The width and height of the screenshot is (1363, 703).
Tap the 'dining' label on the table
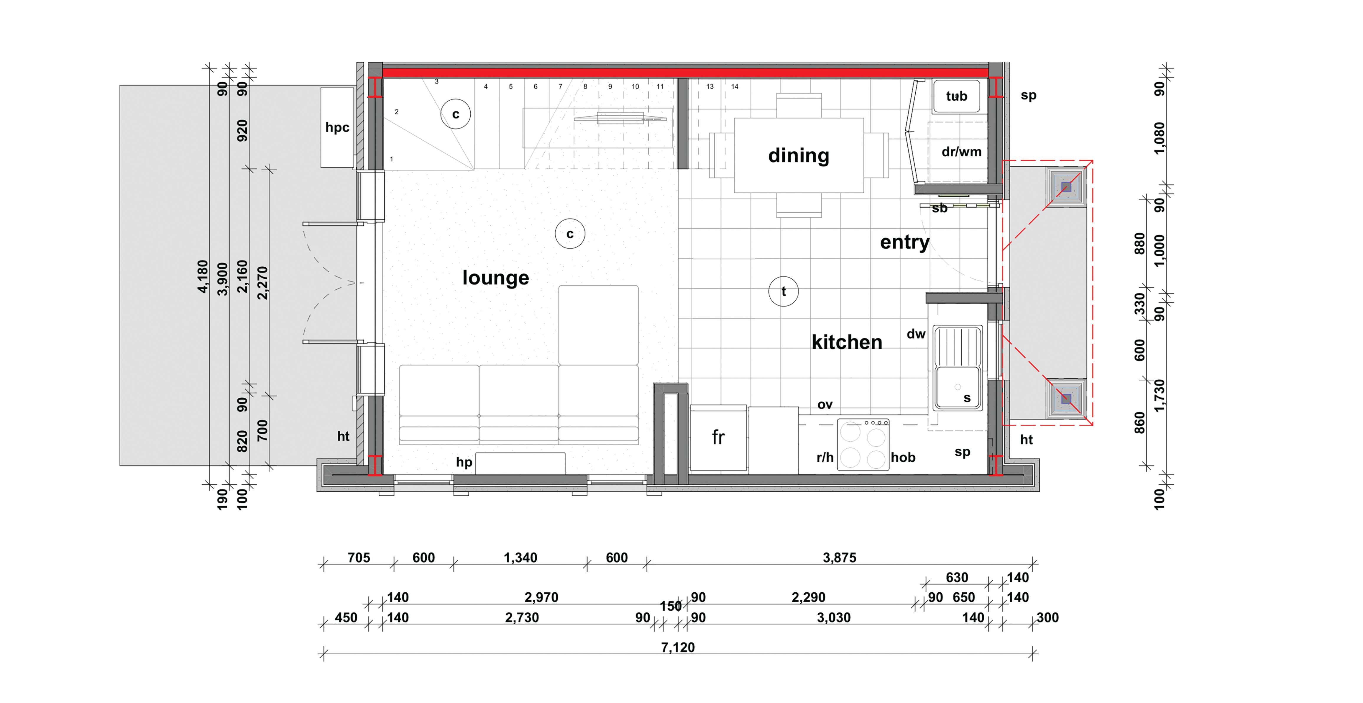click(x=799, y=156)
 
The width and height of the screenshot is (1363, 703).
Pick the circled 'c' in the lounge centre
click(x=570, y=233)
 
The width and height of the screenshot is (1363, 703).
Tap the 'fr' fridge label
click(x=718, y=437)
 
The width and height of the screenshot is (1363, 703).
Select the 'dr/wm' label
click(x=961, y=152)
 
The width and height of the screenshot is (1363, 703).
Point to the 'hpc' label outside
click(x=337, y=127)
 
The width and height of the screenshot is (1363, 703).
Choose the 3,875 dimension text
click(x=839, y=558)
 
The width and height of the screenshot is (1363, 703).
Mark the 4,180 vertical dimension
click(x=203, y=276)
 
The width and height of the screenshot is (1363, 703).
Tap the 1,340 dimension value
click(x=520, y=558)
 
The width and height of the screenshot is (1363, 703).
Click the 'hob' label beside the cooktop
click(x=903, y=457)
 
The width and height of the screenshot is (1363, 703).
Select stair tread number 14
click(x=734, y=86)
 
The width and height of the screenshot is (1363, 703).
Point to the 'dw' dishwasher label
click(x=916, y=334)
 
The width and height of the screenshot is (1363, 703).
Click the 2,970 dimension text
click(x=541, y=597)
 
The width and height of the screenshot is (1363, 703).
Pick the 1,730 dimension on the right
click(x=1159, y=395)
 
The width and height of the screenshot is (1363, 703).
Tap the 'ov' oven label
click(x=825, y=405)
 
